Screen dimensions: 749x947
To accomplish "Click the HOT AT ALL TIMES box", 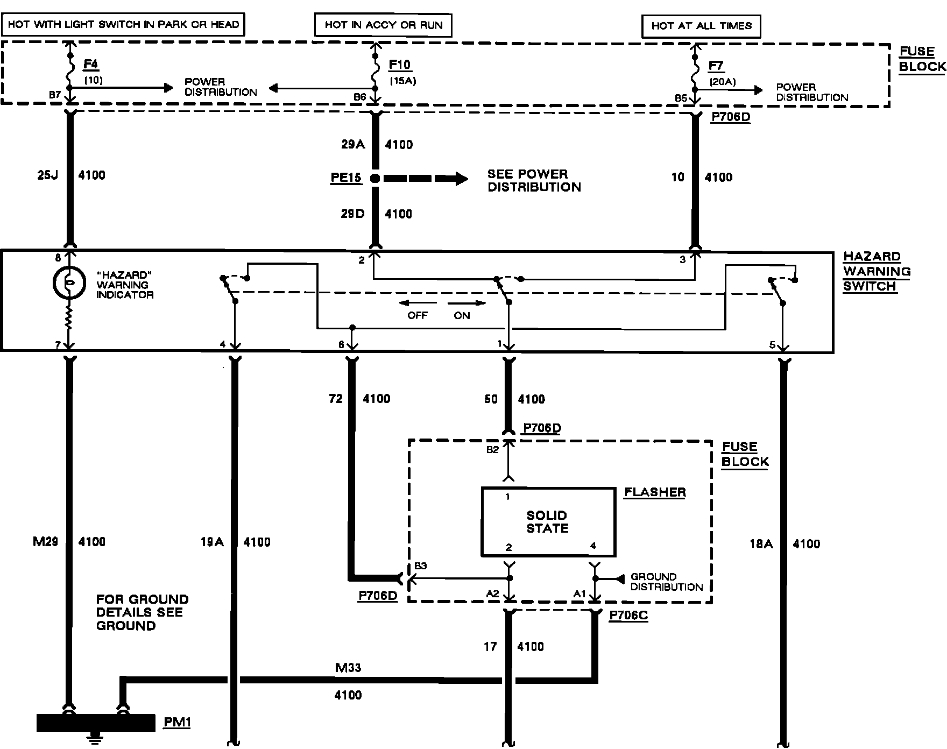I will pyautogui.click(x=701, y=26).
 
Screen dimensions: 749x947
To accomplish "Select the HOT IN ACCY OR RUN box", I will pyautogui.click(x=383, y=25).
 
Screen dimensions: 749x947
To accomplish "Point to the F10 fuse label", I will pyautogui.click(x=400, y=65).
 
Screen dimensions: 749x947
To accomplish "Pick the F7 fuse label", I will pyautogui.click(x=716, y=66).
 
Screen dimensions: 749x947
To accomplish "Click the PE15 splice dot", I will pyautogui.click(x=375, y=178).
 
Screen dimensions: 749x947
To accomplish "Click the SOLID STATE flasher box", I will pyautogui.click(x=548, y=521).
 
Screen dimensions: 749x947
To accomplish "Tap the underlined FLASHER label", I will pyautogui.click(x=655, y=492).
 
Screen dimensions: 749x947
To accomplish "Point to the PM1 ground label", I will pyautogui.click(x=177, y=722).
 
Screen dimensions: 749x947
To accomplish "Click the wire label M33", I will pyautogui.click(x=348, y=668).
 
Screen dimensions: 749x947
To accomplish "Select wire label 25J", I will pyautogui.click(x=47, y=175).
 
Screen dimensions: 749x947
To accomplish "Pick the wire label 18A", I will pyautogui.click(x=761, y=544).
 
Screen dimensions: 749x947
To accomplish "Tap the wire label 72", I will pyautogui.click(x=336, y=399).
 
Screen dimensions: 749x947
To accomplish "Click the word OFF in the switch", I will pyautogui.click(x=417, y=315).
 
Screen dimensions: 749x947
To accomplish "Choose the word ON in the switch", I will pyautogui.click(x=462, y=315).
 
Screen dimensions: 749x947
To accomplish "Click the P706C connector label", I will pyautogui.click(x=628, y=616).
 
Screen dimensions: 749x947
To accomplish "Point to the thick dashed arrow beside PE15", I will pyautogui.click(x=425, y=178).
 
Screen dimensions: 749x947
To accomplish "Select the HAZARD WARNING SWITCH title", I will pyautogui.click(x=877, y=271).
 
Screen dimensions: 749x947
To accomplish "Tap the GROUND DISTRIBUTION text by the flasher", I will pyautogui.click(x=666, y=582).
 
